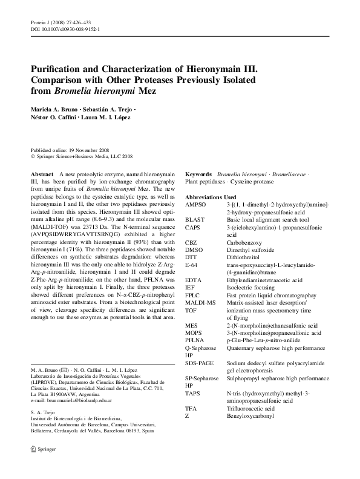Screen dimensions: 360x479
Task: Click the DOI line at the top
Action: pyautogui.click(x=65, y=28)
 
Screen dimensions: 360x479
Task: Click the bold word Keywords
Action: pyautogui.click(x=198, y=174)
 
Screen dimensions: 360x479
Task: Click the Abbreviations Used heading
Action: pyautogui.click(x=211, y=197)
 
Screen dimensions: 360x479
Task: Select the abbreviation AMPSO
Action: pyautogui.click(x=197, y=206)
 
